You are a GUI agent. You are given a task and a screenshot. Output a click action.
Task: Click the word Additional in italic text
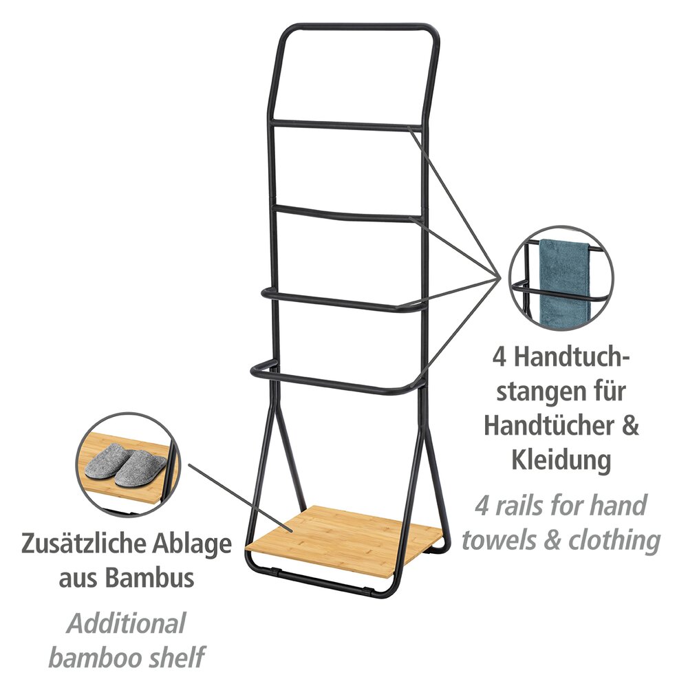(x=127, y=623)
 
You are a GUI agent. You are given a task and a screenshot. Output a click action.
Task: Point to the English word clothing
(x=614, y=540)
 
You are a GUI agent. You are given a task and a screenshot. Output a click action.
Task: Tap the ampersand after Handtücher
(x=630, y=426)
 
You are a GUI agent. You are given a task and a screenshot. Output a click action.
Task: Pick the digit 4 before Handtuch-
(x=499, y=356)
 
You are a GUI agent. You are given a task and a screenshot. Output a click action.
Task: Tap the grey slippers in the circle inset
(x=125, y=466)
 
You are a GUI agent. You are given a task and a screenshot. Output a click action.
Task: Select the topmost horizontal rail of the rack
(x=347, y=125)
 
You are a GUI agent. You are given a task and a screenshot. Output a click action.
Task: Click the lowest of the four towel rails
(x=338, y=378)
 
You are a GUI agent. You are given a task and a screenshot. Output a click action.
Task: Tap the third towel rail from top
(x=342, y=301)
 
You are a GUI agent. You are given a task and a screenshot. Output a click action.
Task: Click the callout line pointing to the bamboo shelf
(x=240, y=498)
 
